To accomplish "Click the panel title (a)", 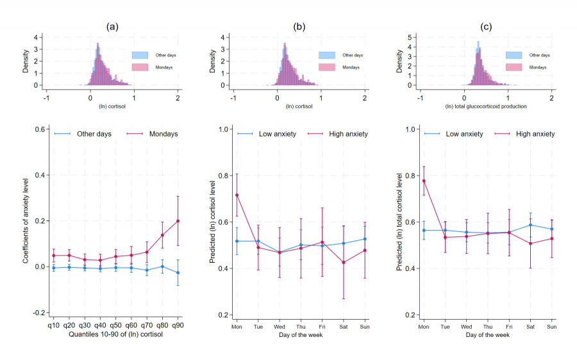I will tap(112, 26).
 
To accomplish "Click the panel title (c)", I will tap(486, 26).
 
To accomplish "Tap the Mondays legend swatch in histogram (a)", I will tap(140, 67).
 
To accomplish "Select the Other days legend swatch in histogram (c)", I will tap(514, 55).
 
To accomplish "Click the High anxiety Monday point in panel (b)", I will tap(237, 195).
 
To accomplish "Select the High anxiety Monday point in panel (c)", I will tap(424, 181).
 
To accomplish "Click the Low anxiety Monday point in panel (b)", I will tap(237, 241).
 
